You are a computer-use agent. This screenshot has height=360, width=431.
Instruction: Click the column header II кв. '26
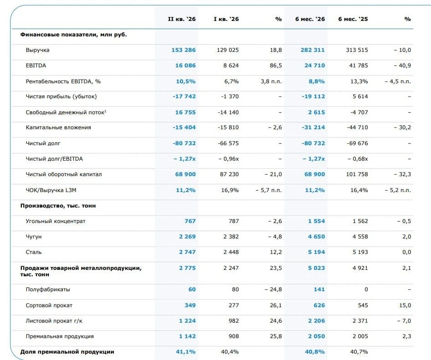[x=182, y=19]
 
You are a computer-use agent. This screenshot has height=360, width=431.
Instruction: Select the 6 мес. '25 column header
[x=353, y=19]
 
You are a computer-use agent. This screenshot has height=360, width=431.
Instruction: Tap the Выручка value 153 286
[x=184, y=50]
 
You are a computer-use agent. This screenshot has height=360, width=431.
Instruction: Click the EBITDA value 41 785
[x=359, y=66]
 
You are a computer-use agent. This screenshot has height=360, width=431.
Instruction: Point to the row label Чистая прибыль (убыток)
[x=62, y=96]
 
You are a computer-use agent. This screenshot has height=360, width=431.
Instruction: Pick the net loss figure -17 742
[x=184, y=96]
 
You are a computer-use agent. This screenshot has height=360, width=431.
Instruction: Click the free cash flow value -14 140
[x=228, y=112]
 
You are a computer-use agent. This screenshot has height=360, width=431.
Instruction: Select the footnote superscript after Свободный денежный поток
[x=105, y=111]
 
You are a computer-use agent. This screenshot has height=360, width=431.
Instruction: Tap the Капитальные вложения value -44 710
[x=357, y=127]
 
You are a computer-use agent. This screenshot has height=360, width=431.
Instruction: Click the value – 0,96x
[x=229, y=159]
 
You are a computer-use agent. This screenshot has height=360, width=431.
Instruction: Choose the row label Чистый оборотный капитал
[x=64, y=174]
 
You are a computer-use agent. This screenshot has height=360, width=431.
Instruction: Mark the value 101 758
[x=357, y=174]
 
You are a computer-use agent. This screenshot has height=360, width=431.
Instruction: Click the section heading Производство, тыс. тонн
[x=58, y=206]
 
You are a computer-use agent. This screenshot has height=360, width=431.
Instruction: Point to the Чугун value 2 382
[x=231, y=236]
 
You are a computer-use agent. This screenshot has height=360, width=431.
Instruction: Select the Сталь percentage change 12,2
[x=276, y=252]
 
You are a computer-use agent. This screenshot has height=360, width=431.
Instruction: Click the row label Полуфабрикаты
[x=48, y=289]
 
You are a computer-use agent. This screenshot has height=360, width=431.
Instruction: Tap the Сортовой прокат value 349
[x=190, y=305]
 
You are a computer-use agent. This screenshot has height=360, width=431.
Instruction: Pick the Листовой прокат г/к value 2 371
[x=360, y=321]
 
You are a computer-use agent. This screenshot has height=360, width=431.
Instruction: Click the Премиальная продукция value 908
[x=234, y=336]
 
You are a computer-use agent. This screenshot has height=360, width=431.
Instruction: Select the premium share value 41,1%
[x=185, y=352]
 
